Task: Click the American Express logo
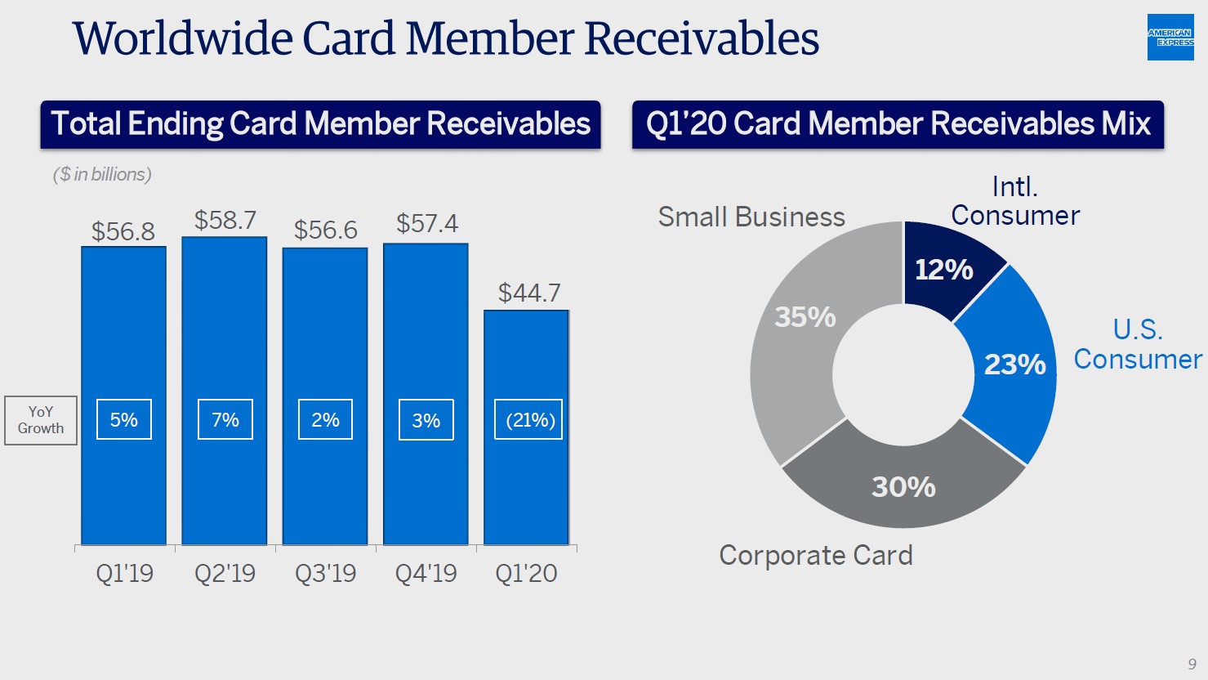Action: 1170,38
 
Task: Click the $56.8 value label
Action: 123,231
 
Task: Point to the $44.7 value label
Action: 529,293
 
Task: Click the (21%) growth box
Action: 528,420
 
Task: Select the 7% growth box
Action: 225,420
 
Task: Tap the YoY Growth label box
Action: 41,420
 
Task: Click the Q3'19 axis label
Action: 325,573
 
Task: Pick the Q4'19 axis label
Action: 426,573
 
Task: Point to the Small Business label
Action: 751,217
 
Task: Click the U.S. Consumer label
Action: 1137,344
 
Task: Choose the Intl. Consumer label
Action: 1015,201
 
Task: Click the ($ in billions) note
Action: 102,174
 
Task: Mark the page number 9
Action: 1192,664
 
